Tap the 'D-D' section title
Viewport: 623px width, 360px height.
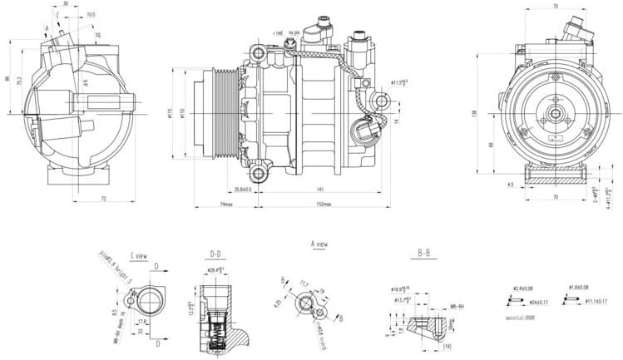pyautogui.click(x=215, y=253)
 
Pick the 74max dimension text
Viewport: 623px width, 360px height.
pyautogui.click(x=225, y=204)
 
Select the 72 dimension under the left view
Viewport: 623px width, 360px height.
pyautogui.click(x=103, y=199)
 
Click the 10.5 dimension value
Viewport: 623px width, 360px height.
pyautogui.click(x=91, y=14)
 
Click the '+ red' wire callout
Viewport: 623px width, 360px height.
pyautogui.click(x=278, y=32)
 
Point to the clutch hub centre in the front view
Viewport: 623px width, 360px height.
pyautogui.click(x=554, y=111)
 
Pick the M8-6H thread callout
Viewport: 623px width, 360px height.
pyautogui.click(x=457, y=306)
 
